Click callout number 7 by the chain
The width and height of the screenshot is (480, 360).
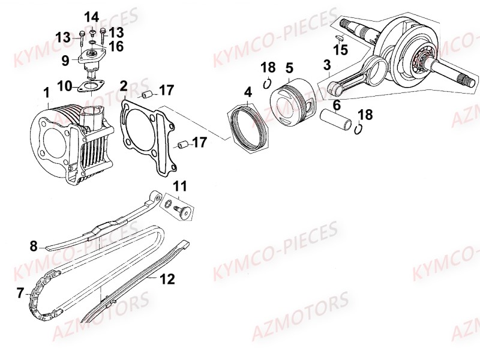click(20, 293)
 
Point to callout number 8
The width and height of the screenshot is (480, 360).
click(34, 245)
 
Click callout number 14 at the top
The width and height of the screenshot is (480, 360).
click(92, 16)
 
